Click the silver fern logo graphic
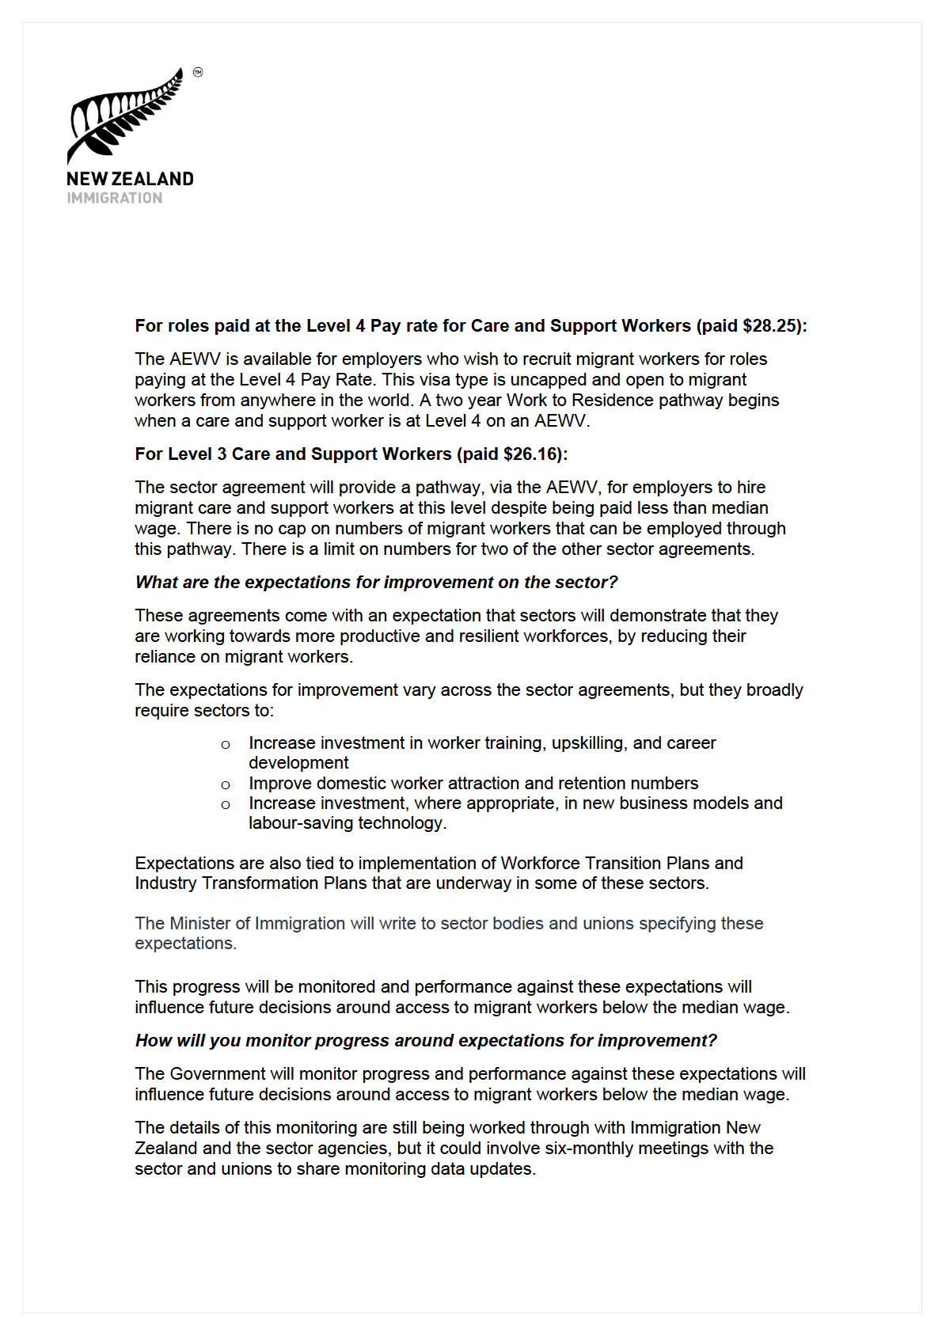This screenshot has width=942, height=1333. pos(127,117)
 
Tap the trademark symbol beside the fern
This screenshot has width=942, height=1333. pos(198,72)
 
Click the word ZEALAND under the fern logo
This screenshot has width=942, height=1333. pos(154,179)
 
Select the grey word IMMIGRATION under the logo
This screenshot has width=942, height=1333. pos(115,198)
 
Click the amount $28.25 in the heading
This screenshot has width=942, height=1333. pos(771,326)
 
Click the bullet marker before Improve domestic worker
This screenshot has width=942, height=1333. pos(226,784)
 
